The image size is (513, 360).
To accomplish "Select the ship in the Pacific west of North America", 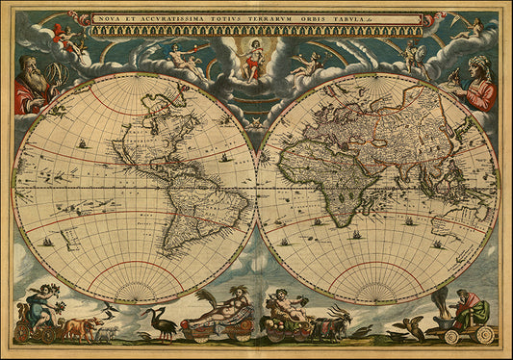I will [83, 145].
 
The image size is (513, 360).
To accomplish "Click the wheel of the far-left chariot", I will [22, 333].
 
